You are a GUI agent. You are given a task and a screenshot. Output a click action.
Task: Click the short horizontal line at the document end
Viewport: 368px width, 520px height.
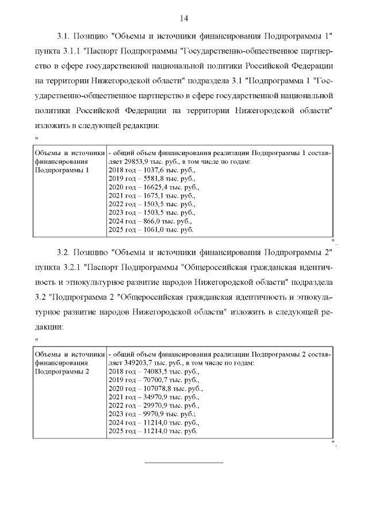(x=183, y=462)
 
